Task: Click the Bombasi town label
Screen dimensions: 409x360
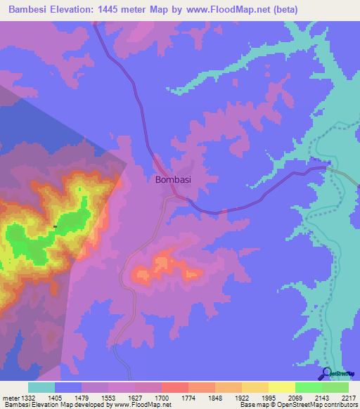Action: [x=172, y=179]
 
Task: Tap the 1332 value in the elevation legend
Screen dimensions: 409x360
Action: [x=27, y=398]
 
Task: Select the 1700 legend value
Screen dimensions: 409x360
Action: [x=161, y=398]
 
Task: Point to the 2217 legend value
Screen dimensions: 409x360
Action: [x=348, y=398]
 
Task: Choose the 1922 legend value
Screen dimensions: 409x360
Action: [x=241, y=398]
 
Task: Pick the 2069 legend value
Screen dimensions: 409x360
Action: [x=295, y=398]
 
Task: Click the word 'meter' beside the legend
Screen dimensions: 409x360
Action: [x=9, y=398]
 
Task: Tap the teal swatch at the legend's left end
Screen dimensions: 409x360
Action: [x=41, y=387]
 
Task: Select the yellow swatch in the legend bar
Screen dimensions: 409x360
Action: [x=281, y=387]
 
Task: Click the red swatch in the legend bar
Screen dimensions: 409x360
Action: [x=174, y=387]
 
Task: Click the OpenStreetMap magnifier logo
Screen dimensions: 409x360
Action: [x=326, y=373]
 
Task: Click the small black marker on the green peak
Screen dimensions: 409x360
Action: [x=55, y=226]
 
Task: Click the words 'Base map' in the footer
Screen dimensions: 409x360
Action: [x=252, y=405]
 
